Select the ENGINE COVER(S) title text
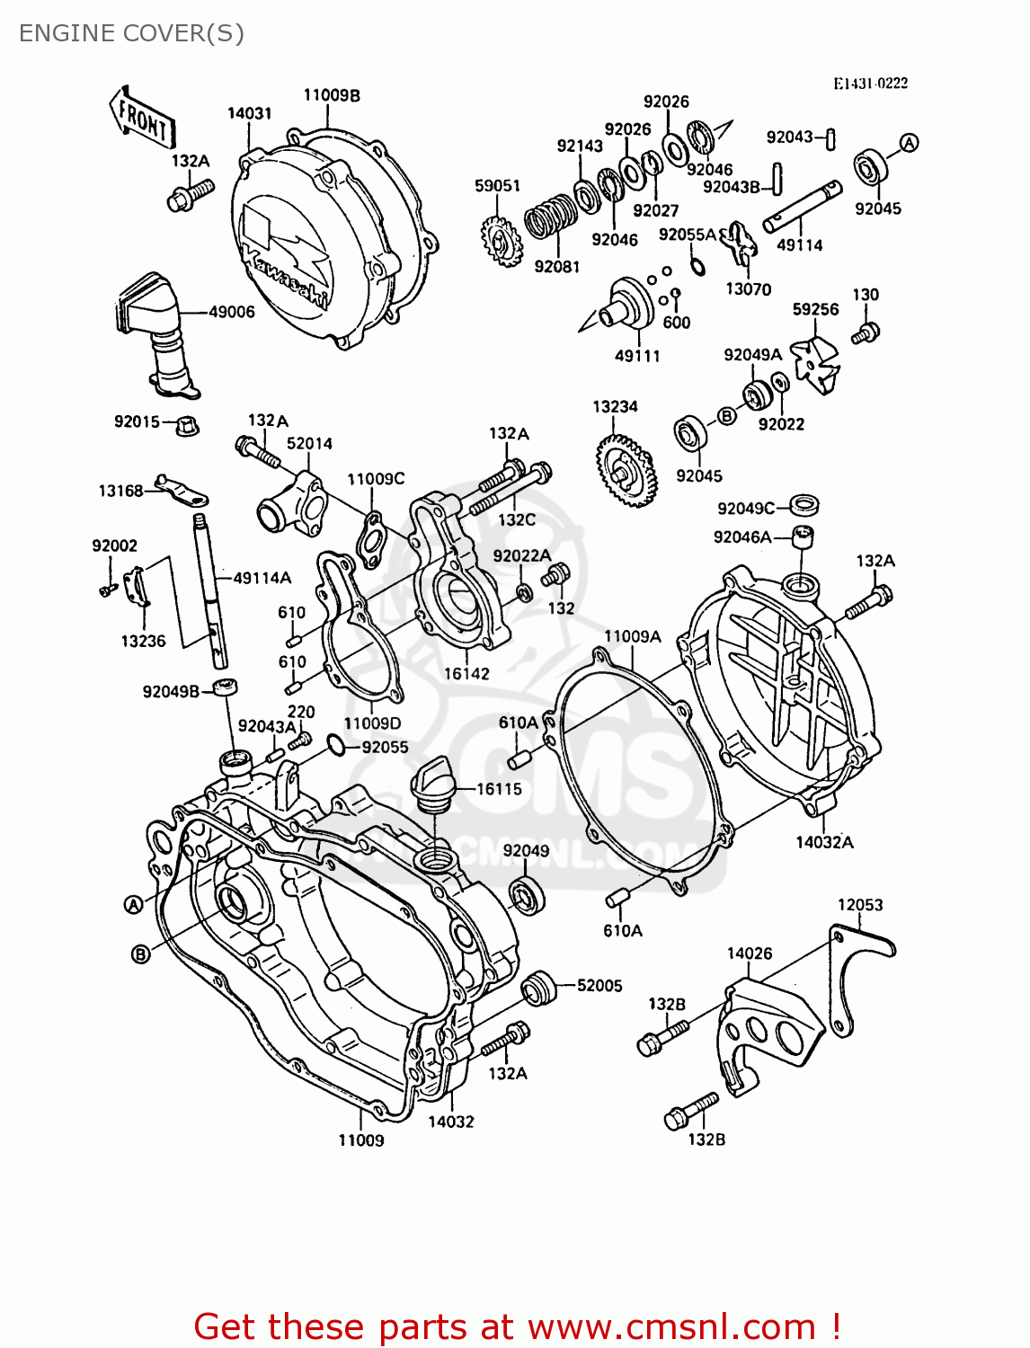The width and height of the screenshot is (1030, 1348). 131,33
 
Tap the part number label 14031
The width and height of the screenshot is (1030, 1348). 249,113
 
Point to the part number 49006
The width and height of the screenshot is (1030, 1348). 232,312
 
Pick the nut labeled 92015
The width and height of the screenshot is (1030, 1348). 186,424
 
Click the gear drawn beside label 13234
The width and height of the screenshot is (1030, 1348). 625,469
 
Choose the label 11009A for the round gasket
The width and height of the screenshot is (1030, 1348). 632,636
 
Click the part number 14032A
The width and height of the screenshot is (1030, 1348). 824,842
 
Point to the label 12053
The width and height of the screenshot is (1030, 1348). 860,905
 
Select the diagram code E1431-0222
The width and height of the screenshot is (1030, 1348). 870,84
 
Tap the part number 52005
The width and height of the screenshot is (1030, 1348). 599,986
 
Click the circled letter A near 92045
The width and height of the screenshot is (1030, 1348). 910,143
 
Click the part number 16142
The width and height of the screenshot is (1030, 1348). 466,673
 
